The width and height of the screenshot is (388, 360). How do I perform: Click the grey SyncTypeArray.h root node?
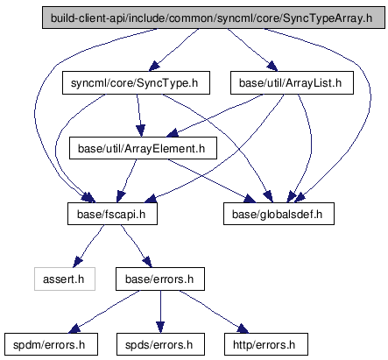click(214, 18)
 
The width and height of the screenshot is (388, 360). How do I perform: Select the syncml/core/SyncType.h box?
click(136, 83)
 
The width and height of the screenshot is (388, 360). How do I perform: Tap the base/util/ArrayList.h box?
click(292, 83)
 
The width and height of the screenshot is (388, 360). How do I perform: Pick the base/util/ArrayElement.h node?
click(143, 148)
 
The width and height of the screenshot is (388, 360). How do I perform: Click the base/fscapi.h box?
click(112, 214)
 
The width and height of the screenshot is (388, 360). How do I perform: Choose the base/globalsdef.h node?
click(279, 214)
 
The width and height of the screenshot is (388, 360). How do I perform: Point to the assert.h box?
click(65, 279)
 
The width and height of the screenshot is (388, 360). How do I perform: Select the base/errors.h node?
click(160, 279)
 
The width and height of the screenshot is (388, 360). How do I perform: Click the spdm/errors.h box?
click(51, 344)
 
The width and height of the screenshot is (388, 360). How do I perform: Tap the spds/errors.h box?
click(160, 344)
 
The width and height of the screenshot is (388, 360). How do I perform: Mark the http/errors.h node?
click(266, 344)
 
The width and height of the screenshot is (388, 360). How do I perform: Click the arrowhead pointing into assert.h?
click(77, 262)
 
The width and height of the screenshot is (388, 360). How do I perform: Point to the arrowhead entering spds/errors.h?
click(160, 328)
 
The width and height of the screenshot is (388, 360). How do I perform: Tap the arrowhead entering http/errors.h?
click(243, 328)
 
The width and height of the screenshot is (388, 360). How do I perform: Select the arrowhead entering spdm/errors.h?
click(74, 328)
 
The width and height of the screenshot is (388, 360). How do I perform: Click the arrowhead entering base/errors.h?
click(147, 262)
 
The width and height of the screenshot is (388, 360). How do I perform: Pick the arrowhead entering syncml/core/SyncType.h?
click(154, 67)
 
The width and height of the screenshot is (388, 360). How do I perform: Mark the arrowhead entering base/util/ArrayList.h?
click(272, 67)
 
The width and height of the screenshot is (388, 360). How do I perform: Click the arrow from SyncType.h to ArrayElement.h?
click(139, 116)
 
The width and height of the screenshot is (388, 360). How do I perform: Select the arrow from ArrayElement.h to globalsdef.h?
click(212, 181)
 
